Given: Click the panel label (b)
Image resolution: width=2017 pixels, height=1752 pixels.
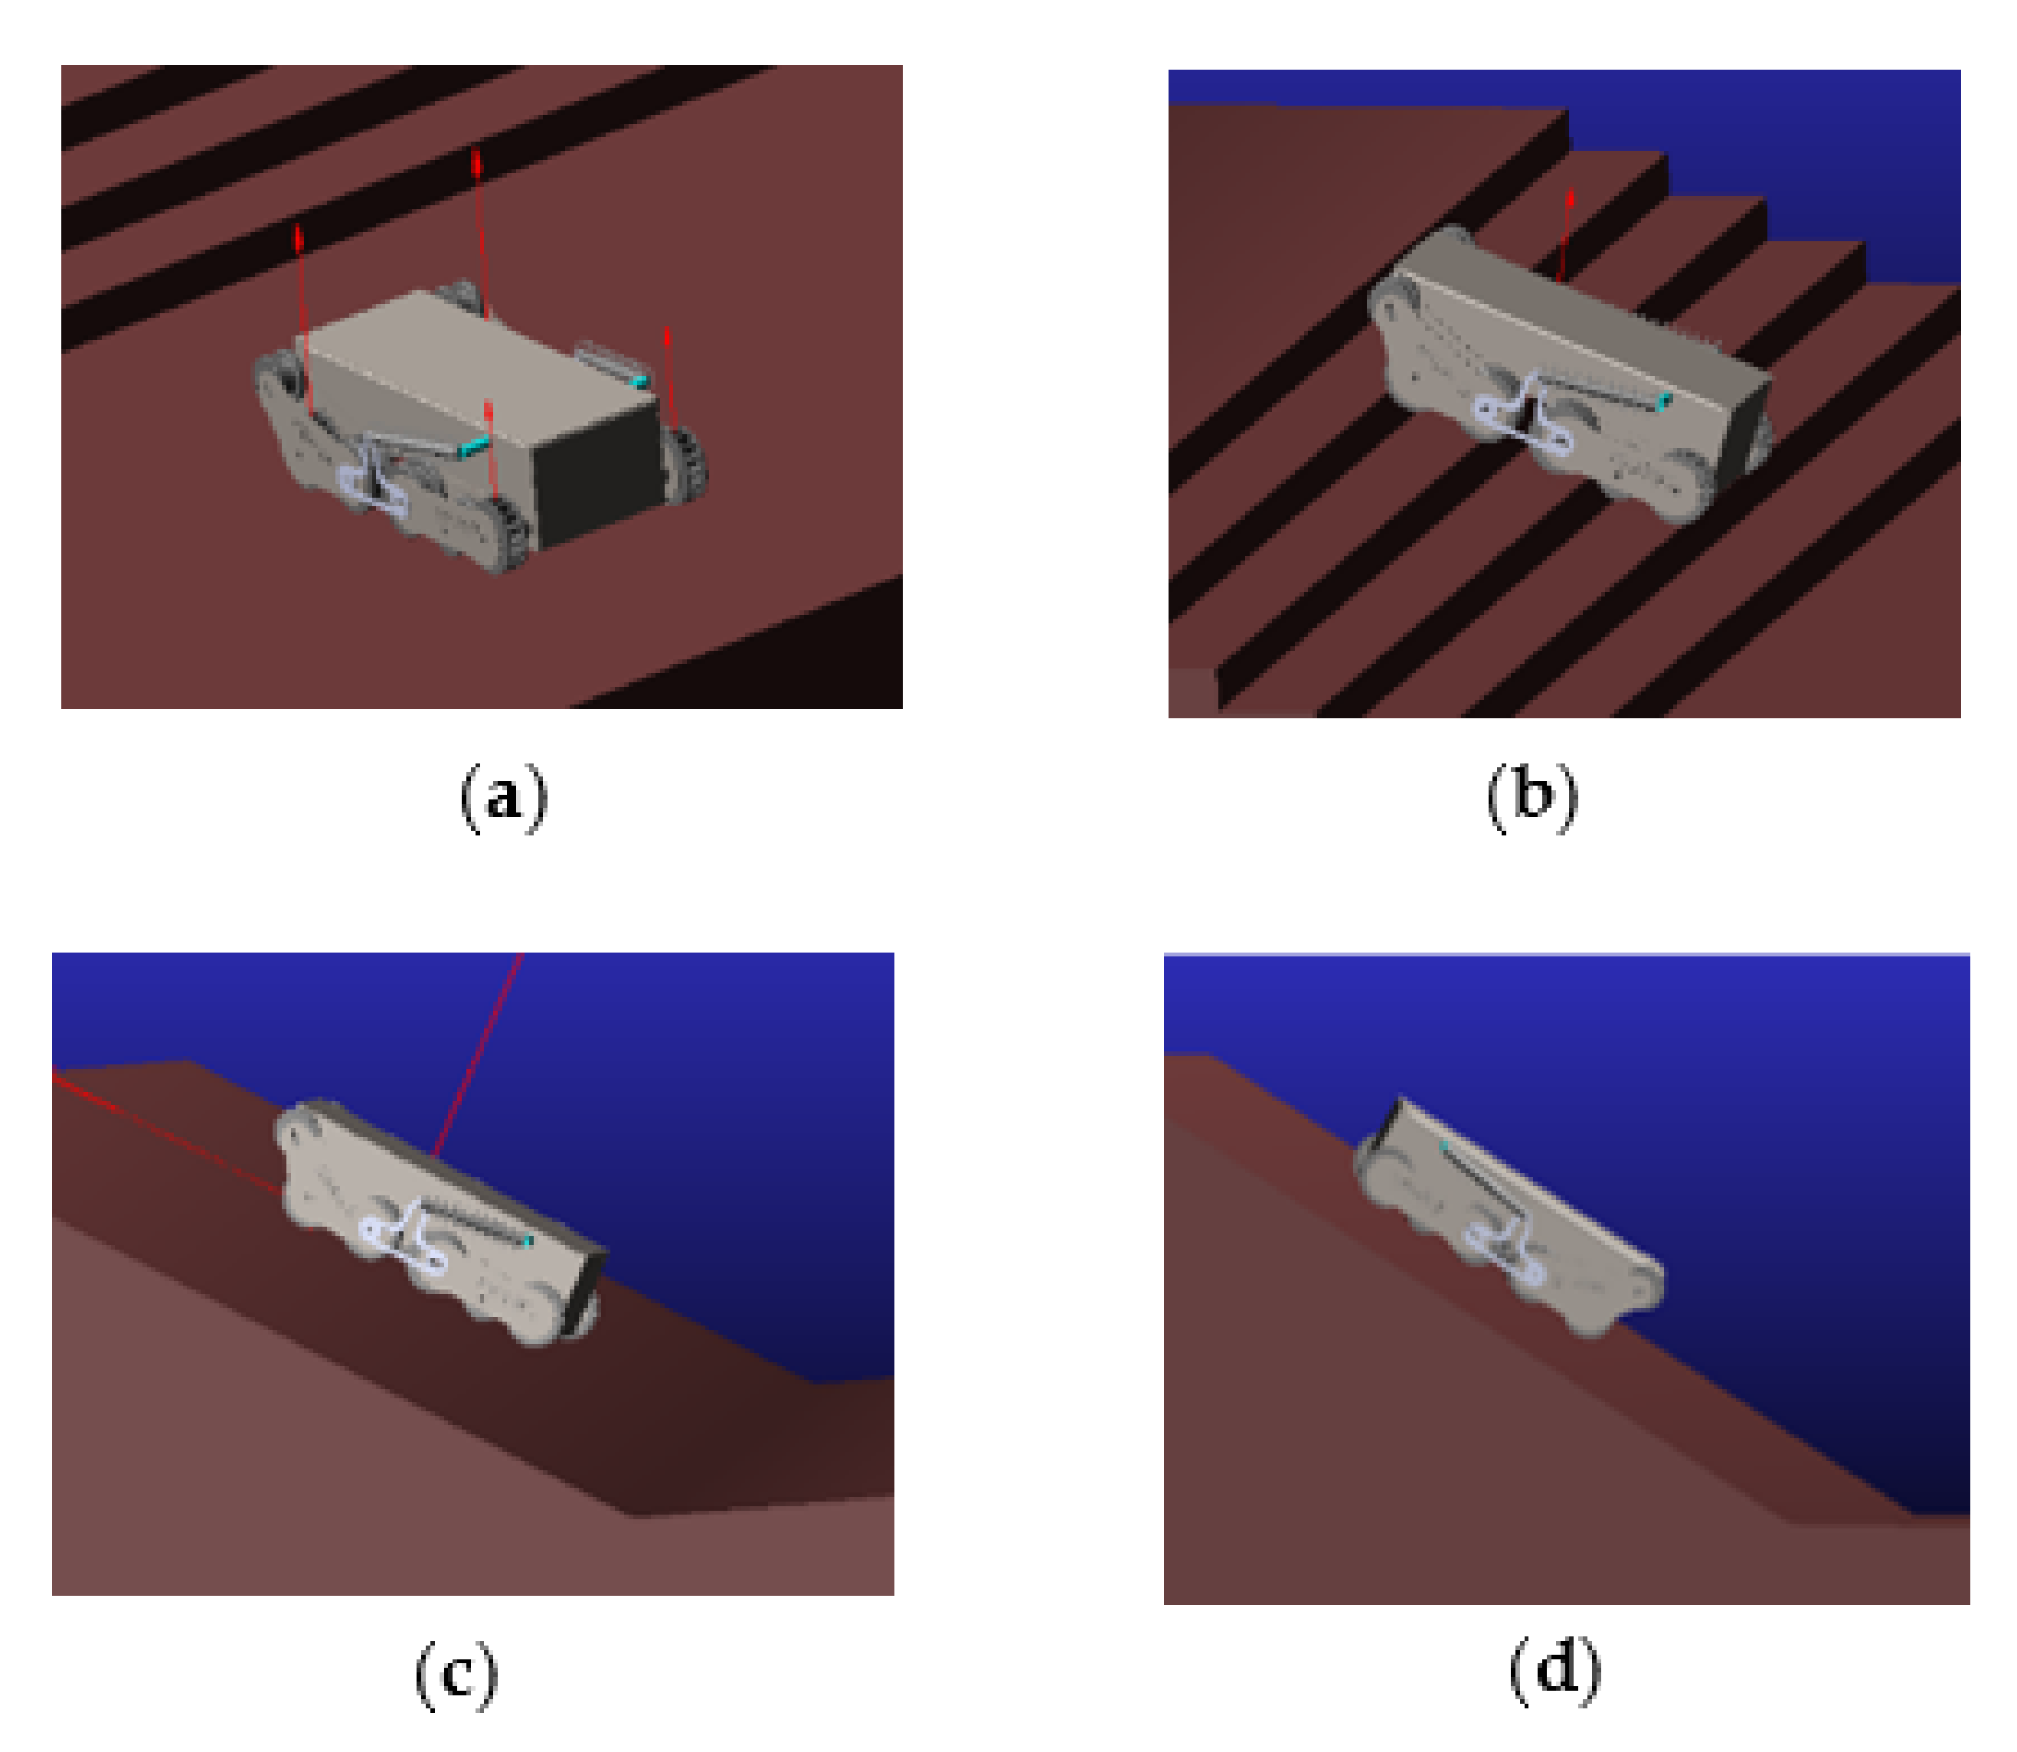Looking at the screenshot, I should click(x=1531, y=798).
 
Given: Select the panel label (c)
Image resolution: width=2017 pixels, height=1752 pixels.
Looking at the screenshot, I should click(x=456, y=1675).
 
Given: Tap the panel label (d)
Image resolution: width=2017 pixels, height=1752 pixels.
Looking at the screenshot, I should click(x=1554, y=1671).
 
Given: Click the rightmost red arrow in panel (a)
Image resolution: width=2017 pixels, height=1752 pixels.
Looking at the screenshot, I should click(x=670, y=377).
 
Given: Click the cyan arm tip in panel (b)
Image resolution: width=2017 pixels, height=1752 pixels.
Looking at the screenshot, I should click(x=1663, y=399).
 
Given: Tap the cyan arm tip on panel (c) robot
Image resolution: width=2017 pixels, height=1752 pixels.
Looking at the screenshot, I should click(x=528, y=1240).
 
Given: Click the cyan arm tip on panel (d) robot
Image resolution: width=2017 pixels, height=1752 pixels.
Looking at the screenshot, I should click(x=1443, y=1142).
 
